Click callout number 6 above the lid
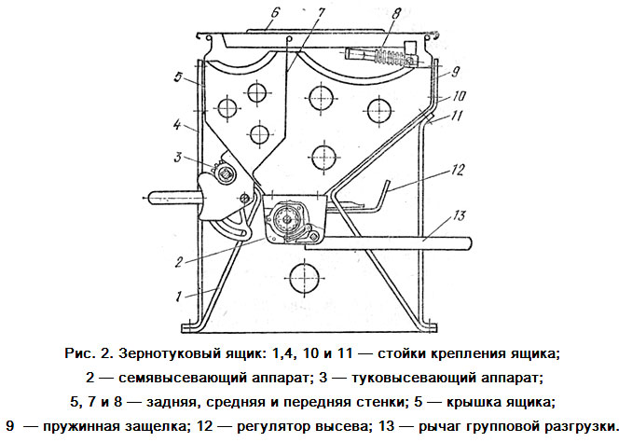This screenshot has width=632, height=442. tap(275, 13)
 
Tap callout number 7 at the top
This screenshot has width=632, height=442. tap(320, 13)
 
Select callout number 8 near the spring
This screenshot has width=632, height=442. tap(395, 15)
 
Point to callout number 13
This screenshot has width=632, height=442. tap(459, 215)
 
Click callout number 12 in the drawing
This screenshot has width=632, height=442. tap(458, 170)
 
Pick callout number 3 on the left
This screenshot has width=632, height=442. tap(178, 157)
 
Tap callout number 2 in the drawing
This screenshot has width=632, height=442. tap(179, 262)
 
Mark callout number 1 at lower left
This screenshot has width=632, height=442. tap(179, 297)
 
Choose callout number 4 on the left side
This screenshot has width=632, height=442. tap(177, 125)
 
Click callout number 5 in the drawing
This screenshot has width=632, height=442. tap(178, 76)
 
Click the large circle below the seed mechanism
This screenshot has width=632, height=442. tap(301, 279)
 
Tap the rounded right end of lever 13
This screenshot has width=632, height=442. tap(468, 243)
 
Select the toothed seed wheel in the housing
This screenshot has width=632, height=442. tap(286, 219)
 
